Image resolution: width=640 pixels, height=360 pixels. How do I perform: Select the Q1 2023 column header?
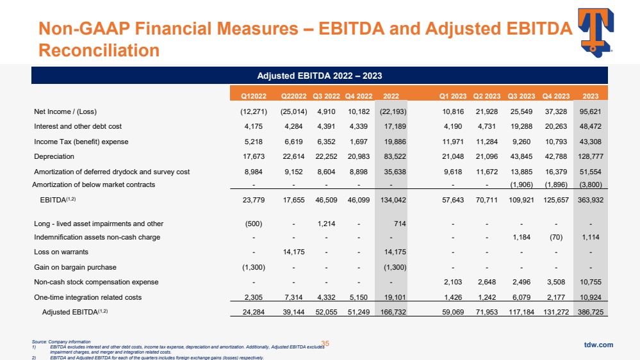pos(453,97)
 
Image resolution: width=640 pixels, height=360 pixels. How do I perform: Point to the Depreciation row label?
pos(54,156)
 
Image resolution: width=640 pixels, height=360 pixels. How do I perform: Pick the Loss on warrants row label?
pos(61,252)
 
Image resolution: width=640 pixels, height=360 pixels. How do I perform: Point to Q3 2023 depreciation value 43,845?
pos(521,156)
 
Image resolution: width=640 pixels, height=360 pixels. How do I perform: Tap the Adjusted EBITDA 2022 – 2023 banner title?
pos(320,76)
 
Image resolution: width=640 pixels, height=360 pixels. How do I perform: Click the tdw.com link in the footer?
pos(599,345)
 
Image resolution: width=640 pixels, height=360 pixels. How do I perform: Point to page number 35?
pos(325,344)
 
